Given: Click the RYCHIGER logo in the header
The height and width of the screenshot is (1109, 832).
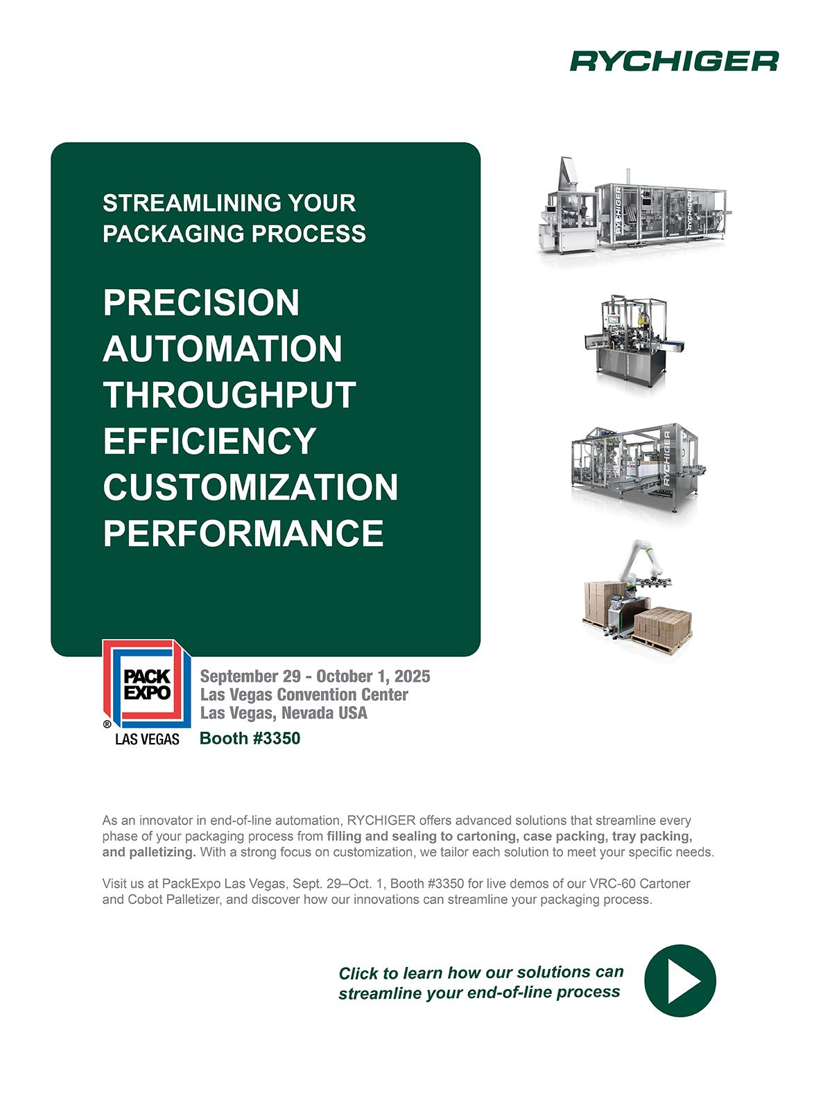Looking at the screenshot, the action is coord(674,61).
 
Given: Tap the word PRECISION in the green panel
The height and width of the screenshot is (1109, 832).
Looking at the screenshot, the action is coord(201,303).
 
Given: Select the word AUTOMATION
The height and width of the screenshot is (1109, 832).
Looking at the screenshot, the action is coord(223,349).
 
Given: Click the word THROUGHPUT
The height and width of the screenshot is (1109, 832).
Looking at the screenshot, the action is coord(229,395).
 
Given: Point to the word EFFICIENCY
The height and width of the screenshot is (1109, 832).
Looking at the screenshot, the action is coord(209,441).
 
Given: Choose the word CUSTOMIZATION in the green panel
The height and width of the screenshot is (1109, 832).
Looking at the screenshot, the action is coord(250,487).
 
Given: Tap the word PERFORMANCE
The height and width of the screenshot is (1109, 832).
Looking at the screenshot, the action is coord(243,534).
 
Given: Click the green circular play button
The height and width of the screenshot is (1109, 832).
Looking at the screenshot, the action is coord(680,981).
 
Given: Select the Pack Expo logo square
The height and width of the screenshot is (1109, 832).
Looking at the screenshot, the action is coord(146,683).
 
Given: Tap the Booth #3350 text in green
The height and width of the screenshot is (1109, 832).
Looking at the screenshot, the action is coord(250,738).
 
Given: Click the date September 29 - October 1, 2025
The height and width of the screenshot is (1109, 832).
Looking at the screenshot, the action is coord(315,676).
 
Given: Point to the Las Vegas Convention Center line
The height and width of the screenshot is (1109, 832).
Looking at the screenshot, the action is coord(304,695).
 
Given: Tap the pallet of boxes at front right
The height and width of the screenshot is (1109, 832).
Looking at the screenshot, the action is coord(661,629).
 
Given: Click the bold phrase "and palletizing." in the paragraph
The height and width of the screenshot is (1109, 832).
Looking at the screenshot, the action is coord(149,853).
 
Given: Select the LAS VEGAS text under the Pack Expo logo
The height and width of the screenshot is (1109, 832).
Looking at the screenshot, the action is coord(147,739).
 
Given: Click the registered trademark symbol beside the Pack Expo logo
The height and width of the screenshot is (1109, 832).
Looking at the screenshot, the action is coord(107,724).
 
